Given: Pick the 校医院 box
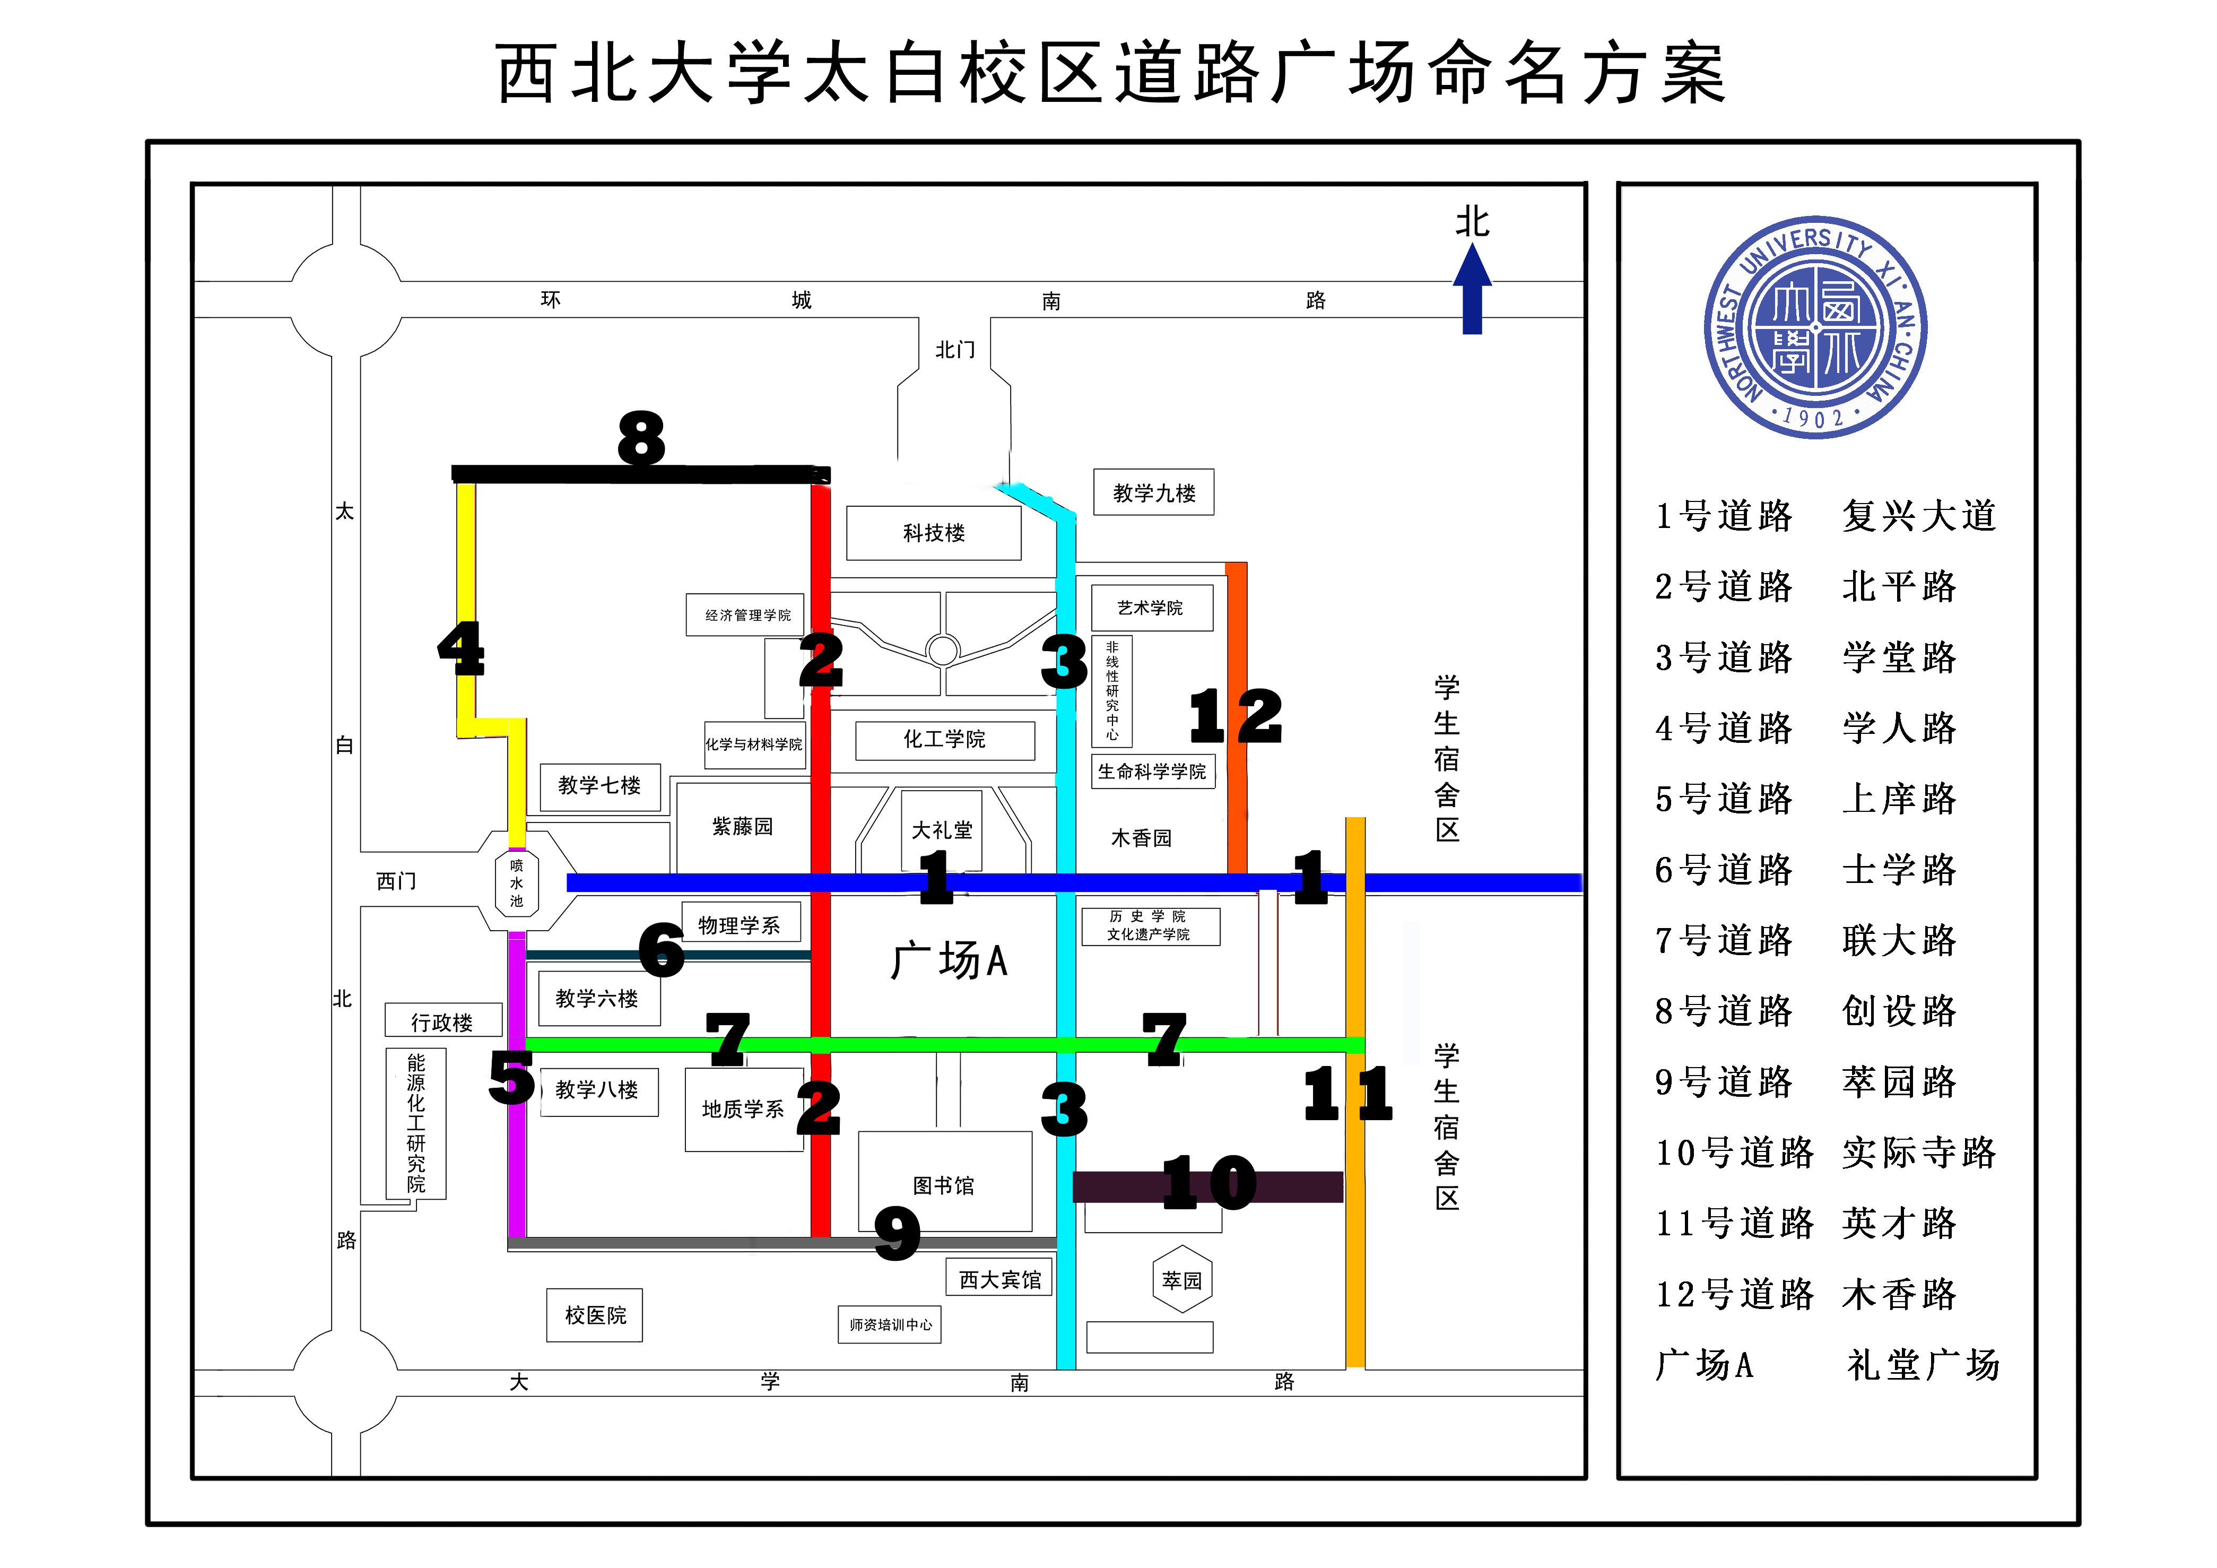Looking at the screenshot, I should click(595, 1315).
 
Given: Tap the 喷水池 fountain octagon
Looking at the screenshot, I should click(517, 882).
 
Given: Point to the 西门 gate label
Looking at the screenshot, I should click(396, 880).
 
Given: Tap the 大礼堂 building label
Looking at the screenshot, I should click(942, 829).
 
